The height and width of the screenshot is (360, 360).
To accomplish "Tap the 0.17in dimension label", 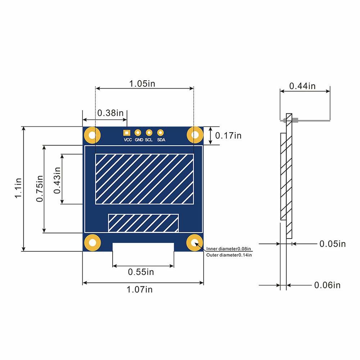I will coord(228,135).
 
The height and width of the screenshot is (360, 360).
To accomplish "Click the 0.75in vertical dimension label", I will coord(39,189).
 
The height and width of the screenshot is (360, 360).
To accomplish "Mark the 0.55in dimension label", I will coord(141,272).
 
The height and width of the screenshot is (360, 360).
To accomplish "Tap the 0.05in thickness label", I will coord(332,244).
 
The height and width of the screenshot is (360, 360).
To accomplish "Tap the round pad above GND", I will coord(138,132).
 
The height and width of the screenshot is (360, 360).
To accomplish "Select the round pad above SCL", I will coord(149,132).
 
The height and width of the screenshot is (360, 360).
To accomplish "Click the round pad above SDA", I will coord(161,132).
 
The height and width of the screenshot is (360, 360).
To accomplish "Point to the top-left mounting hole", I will coord(92,135).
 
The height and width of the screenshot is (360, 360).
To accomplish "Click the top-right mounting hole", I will coord(195,135).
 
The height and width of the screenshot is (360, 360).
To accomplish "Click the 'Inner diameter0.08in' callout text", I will coord(229,249).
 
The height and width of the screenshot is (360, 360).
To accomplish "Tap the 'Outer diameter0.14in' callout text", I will coord(229,255).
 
